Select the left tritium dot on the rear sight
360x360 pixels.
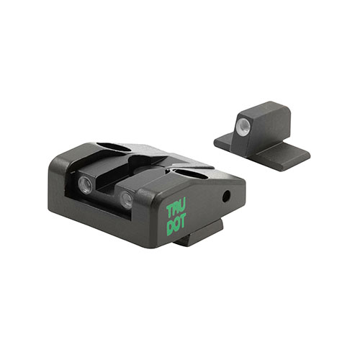[86, 184]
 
